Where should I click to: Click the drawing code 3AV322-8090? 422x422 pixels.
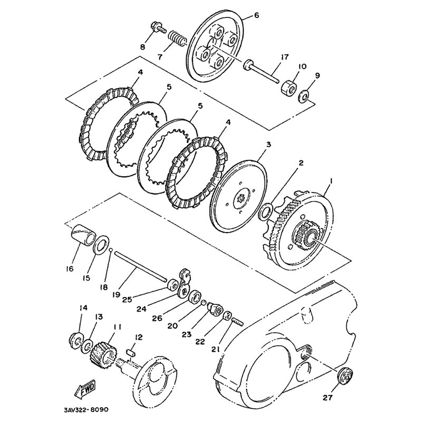(x=87, y=410)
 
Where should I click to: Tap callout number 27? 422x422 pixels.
(x=328, y=397)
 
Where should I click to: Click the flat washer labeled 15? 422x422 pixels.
(x=101, y=245)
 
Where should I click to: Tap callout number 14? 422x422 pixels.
(x=83, y=308)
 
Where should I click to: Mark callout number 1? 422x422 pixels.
(x=331, y=182)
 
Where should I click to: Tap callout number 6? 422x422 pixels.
(x=256, y=15)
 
